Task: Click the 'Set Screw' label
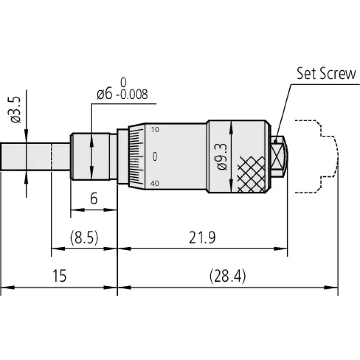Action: (326, 73)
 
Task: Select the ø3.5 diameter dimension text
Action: (16, 109)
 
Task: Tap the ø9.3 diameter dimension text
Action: (222, 157)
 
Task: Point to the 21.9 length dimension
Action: (202, 238)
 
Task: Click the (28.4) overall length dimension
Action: (228, 276)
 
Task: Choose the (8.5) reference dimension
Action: (84, 238)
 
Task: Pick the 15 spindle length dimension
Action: (59, 276)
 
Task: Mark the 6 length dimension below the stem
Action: (94, 199)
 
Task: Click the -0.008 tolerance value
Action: (132, 94)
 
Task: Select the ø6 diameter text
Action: (104, 94)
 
